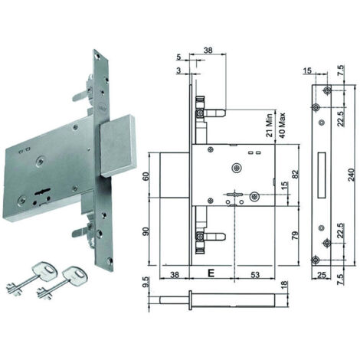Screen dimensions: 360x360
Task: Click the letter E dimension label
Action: [x=211, y=273]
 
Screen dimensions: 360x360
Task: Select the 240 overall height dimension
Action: [x=352, y=175]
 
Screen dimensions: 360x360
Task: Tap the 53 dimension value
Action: [x=255, y=274]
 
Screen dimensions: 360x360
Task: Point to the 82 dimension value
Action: [x=296, y=175]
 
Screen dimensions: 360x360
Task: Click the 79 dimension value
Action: [x=295, y=235]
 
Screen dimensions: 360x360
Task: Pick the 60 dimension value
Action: [x=146, y=176]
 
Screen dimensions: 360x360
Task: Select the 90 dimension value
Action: [x=146, y=231]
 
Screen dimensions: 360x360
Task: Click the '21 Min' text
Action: [x=270, y=126]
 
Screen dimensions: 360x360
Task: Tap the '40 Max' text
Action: [x=282, y=126]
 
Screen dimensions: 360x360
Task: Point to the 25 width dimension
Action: [x=322, y=275]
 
